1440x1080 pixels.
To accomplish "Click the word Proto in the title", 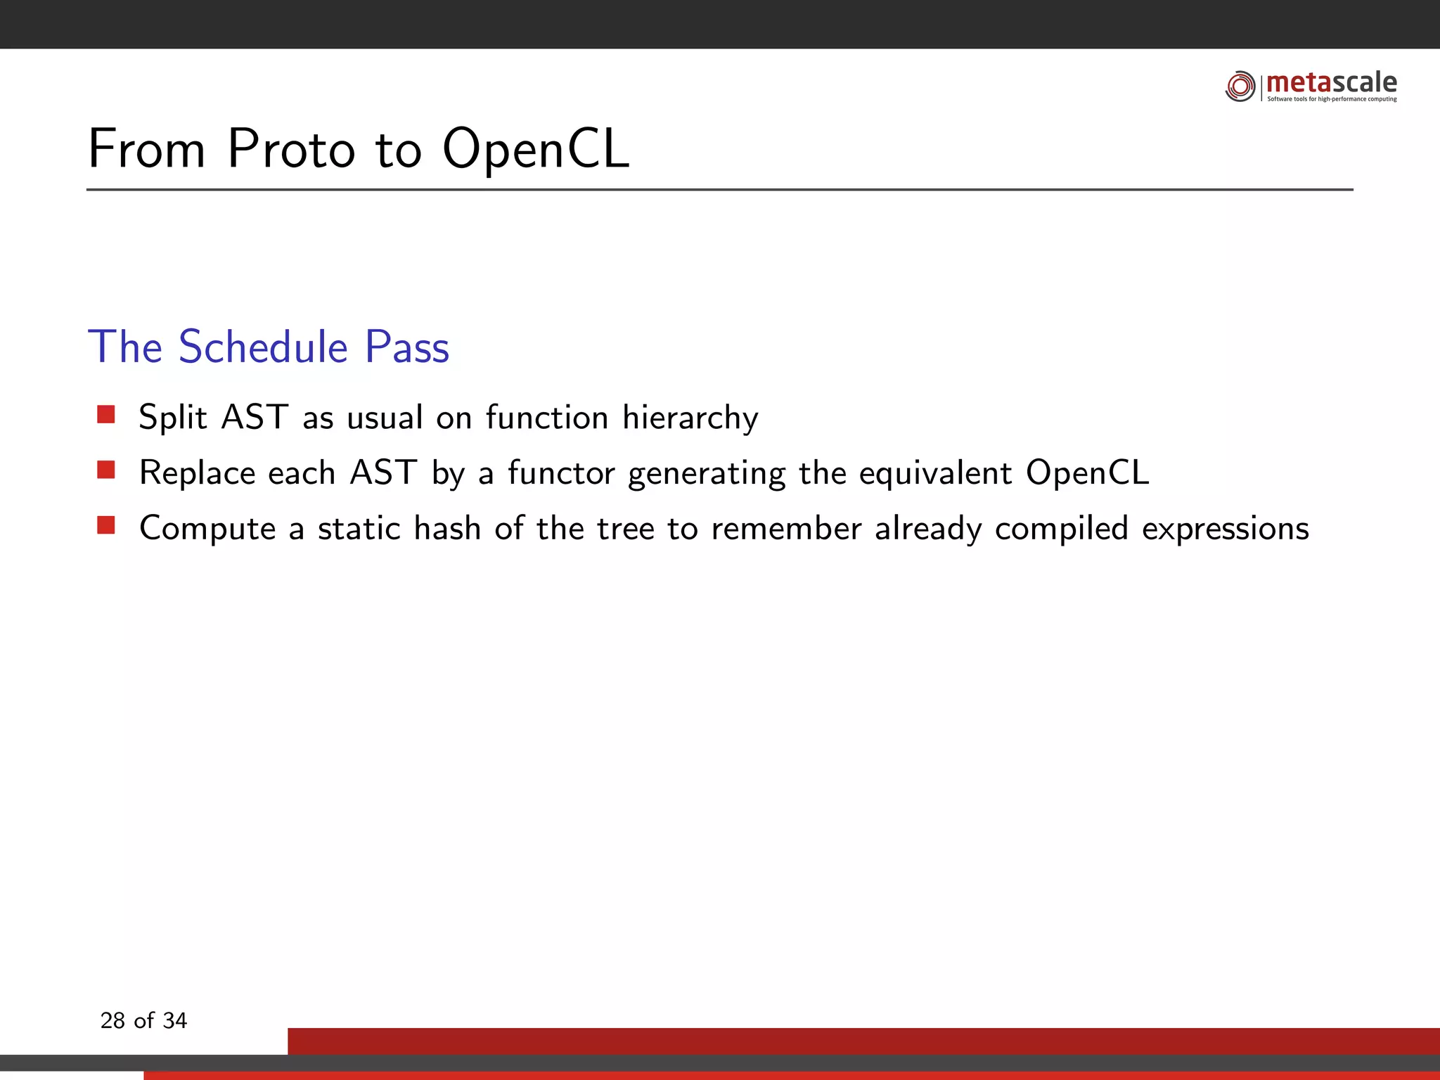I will [x=291, y=149].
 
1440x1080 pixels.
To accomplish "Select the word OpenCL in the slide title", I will [x=535, y=149].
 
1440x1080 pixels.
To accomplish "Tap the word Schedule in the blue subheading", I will [x=263, y=347].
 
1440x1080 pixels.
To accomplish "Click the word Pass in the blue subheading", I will [x=406, y=347].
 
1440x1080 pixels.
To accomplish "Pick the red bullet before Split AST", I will [x=106, y=414].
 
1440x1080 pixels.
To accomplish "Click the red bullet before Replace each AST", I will [x=106, y=470].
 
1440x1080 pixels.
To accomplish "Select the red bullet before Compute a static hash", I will [x=106, y=525].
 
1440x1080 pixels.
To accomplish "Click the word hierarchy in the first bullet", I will [x=690, y=418].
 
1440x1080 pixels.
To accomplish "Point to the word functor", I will [x=561, y=472].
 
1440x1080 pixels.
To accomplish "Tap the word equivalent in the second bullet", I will [x=935, y=472].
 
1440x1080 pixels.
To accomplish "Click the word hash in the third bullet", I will [x=447, y=528].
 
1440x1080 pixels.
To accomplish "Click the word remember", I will [x=786, y=528].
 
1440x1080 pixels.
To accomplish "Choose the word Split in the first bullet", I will [x=173, y=418].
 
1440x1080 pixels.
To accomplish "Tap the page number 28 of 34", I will [x=143, y=1020].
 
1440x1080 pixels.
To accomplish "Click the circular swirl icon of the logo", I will [x=1240, y=86].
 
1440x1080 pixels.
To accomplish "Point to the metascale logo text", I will [x=1331, y=82].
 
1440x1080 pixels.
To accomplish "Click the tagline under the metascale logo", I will [x=1332, y=99].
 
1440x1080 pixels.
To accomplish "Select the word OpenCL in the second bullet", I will [x=1087, y=472].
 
